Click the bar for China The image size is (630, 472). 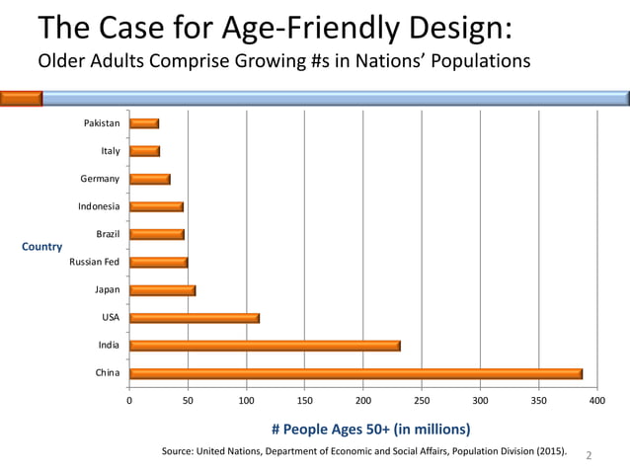coord(355,373)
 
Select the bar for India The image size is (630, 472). coord(265,346)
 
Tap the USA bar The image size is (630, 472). coord(195,318)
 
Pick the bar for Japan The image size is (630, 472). coord(162,290)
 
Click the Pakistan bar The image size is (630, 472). coord(144,123)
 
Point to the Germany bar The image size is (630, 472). coord(150,179)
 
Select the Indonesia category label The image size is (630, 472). coord(99,206)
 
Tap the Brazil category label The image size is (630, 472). coord(108,234)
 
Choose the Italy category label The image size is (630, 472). coord(110,151)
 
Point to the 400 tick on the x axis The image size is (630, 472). coord(596,401)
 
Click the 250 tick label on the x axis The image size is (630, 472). coord(422,401)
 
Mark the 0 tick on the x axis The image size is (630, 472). coord(129,401)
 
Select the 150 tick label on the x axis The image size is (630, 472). coord(304,401)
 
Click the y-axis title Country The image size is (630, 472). coord(42,247)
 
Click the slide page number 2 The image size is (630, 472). coord(590,455)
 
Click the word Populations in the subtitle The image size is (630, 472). coord(473,61)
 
